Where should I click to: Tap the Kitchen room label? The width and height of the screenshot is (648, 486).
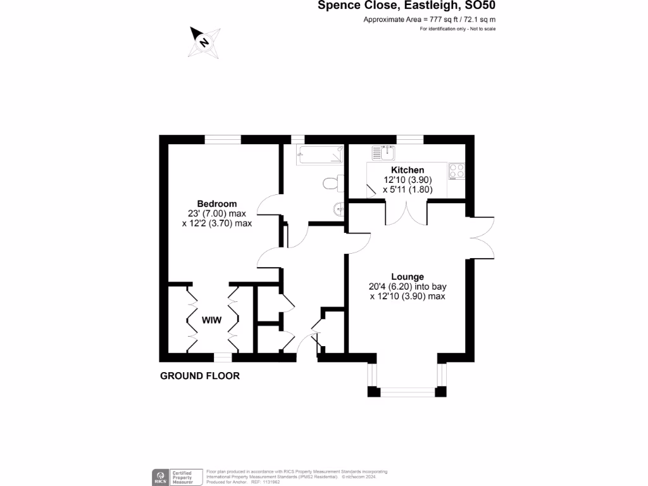click(407, 170)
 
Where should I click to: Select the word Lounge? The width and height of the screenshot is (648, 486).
click(407, 277)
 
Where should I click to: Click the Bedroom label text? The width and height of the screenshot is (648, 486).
click(216, 204)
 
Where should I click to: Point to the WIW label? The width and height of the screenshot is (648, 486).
click(211, 320)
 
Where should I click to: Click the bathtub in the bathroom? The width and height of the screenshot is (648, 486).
click(320, 154)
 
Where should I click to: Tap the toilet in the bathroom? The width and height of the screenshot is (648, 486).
click(330, 183)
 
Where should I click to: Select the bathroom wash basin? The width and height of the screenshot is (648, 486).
click(339, 207)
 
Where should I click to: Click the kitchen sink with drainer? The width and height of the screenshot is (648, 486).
click(383, 153)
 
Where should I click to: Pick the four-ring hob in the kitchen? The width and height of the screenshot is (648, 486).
click(457, 171)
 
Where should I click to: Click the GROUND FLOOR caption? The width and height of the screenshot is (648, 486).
click(200, 376)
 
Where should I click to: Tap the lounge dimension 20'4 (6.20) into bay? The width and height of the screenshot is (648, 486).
click(407, 286)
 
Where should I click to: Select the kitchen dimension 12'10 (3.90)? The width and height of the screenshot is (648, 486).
click(407, 180)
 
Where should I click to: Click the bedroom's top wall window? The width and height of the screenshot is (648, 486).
click(223, 139)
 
